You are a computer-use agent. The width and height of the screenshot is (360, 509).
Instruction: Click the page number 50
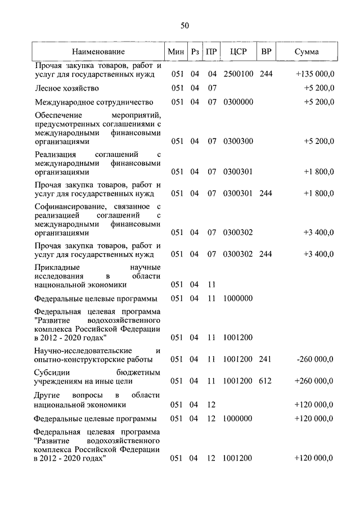[x=185, y=25]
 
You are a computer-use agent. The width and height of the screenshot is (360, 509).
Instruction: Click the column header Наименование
[x=98, y=52]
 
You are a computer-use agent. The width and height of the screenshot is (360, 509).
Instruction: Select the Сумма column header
[x=308, y=52]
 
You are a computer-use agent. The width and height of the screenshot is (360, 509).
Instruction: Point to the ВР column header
[x=266, y=52]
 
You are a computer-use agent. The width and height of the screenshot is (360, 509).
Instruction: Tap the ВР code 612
[x=265, y=381]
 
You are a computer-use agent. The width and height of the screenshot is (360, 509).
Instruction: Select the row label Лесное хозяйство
[x=67, y=88]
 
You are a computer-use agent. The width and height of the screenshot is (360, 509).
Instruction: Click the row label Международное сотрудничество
[x=94, y=102]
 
